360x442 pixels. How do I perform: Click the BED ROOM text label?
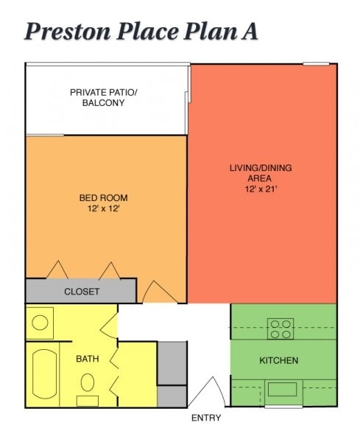tap(103, 197)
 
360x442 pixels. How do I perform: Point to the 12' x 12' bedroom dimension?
tap(103, 208)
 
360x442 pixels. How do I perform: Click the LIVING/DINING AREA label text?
tap(260, 173)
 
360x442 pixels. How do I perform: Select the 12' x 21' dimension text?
tap(260, 189)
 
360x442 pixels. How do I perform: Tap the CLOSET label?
tap(81, 292)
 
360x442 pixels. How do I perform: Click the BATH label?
tap(88, 359)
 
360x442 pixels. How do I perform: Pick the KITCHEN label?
tap(279, 360)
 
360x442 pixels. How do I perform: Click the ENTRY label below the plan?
tap(206, 418)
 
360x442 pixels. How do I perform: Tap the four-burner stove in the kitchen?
tap(280, 329)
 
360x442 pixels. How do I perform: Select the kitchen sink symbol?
tap(281, 389)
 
